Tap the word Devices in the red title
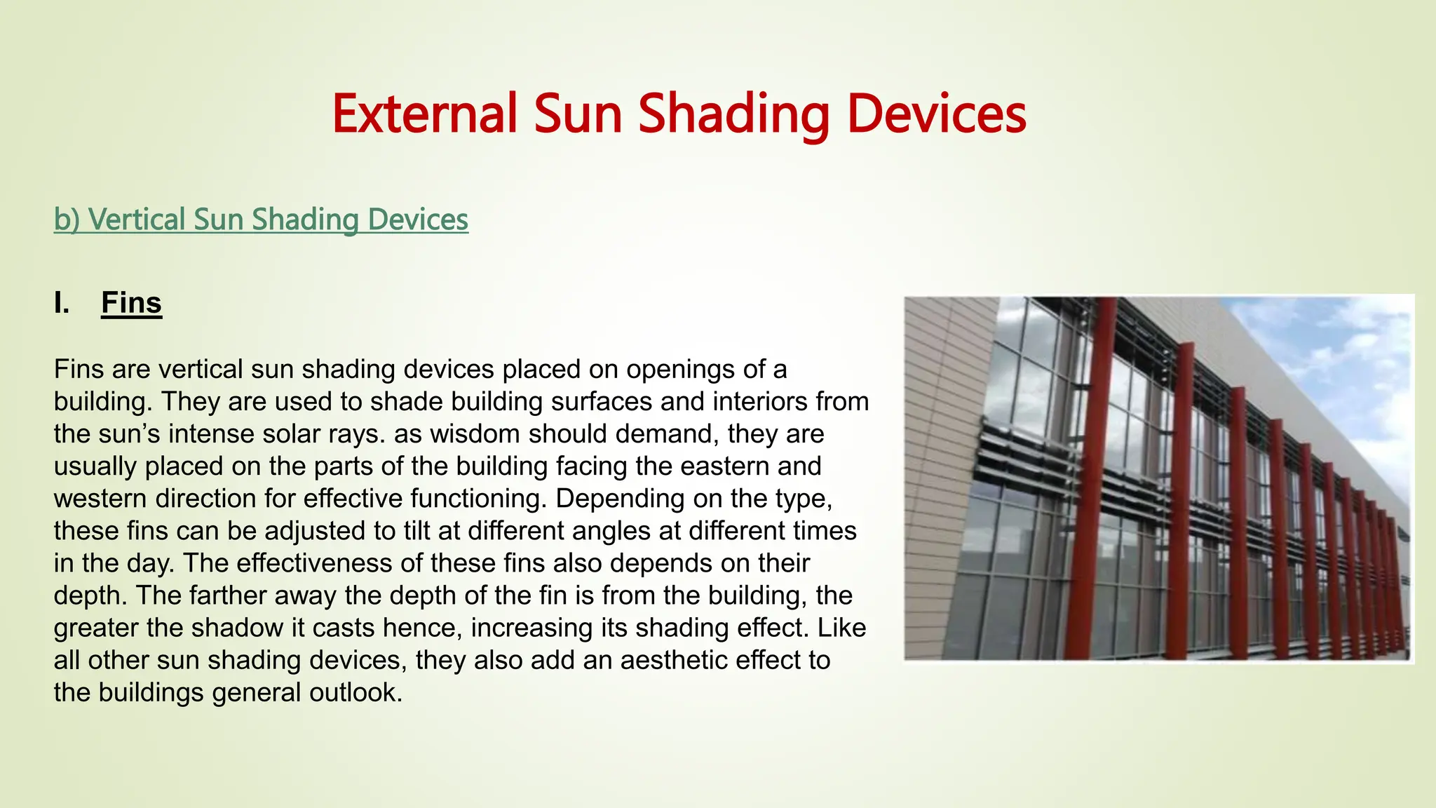pyautogui.click(x=936, y=114)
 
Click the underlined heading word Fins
pyautogui.click(x=131, y=303)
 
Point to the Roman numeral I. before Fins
pyautogui.click(x=62, y=303)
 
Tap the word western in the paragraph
pyautogui.click(x=100, y=498)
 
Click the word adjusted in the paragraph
pyautogui.click(x=314, y=530)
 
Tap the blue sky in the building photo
pyautogui.click(x=1332, y=351)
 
